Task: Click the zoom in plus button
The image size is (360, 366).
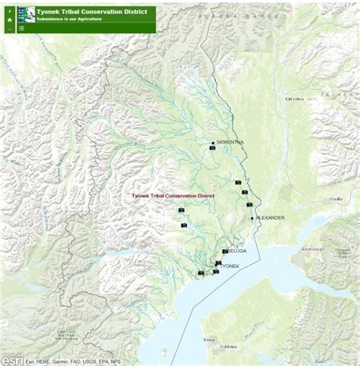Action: [8, 11]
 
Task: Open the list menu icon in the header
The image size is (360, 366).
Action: [21, 28]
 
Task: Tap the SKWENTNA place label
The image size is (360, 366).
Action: [229, 142]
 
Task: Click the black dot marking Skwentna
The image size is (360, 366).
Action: [213, 143]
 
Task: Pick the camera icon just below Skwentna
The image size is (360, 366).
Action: [212, 149]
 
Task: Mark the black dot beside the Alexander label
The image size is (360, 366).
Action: [252, 218]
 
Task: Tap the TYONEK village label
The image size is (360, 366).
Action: [230, 267]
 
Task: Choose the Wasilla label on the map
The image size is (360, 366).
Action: [335, 199]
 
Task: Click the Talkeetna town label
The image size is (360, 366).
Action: [294, 99]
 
